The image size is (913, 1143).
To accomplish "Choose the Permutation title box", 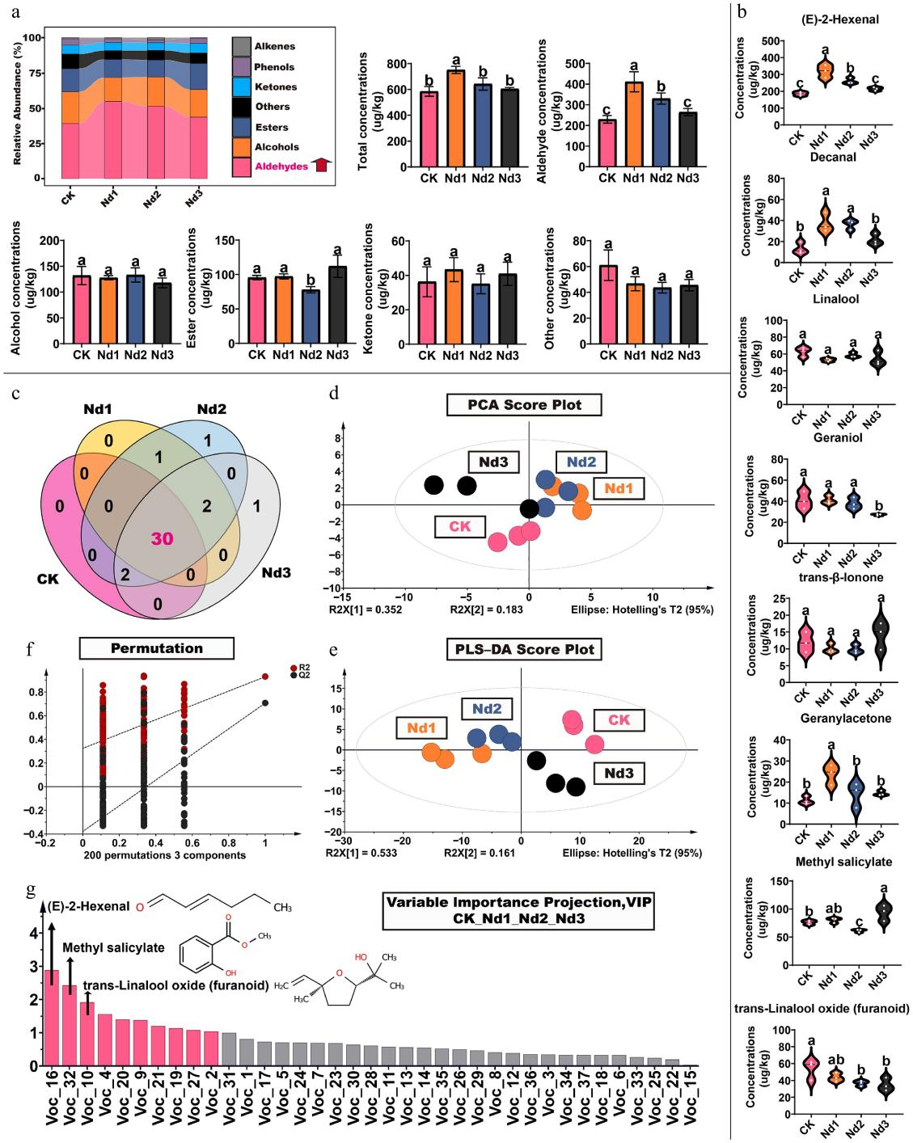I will click(156, 647).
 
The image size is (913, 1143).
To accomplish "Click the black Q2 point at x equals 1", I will click(264, 702).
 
